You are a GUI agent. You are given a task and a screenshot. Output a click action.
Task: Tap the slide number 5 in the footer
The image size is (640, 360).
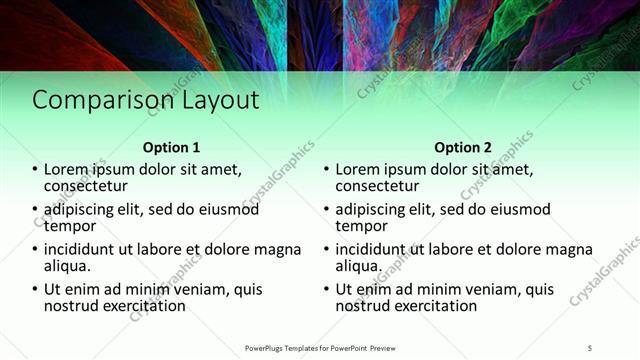click(590, 347)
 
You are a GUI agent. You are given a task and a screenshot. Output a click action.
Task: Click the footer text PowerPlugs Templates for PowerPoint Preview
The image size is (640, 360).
click(320, 347)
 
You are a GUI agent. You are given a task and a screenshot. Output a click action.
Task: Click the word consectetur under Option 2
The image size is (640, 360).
click(378, 186)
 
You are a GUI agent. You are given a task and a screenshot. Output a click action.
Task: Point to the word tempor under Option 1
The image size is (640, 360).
click(69, 226)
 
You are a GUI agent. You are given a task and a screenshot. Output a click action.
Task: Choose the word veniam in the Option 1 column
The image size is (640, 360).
click(205, 290)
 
